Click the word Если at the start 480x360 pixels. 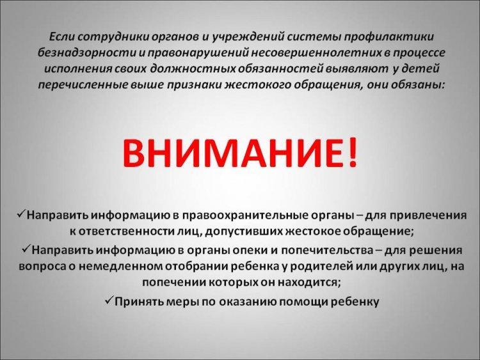[62, 36]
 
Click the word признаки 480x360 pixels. [194, 85]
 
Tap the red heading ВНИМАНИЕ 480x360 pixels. [233, 153]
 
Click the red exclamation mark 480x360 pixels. [353, 152]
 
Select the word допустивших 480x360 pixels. [244, 232]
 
